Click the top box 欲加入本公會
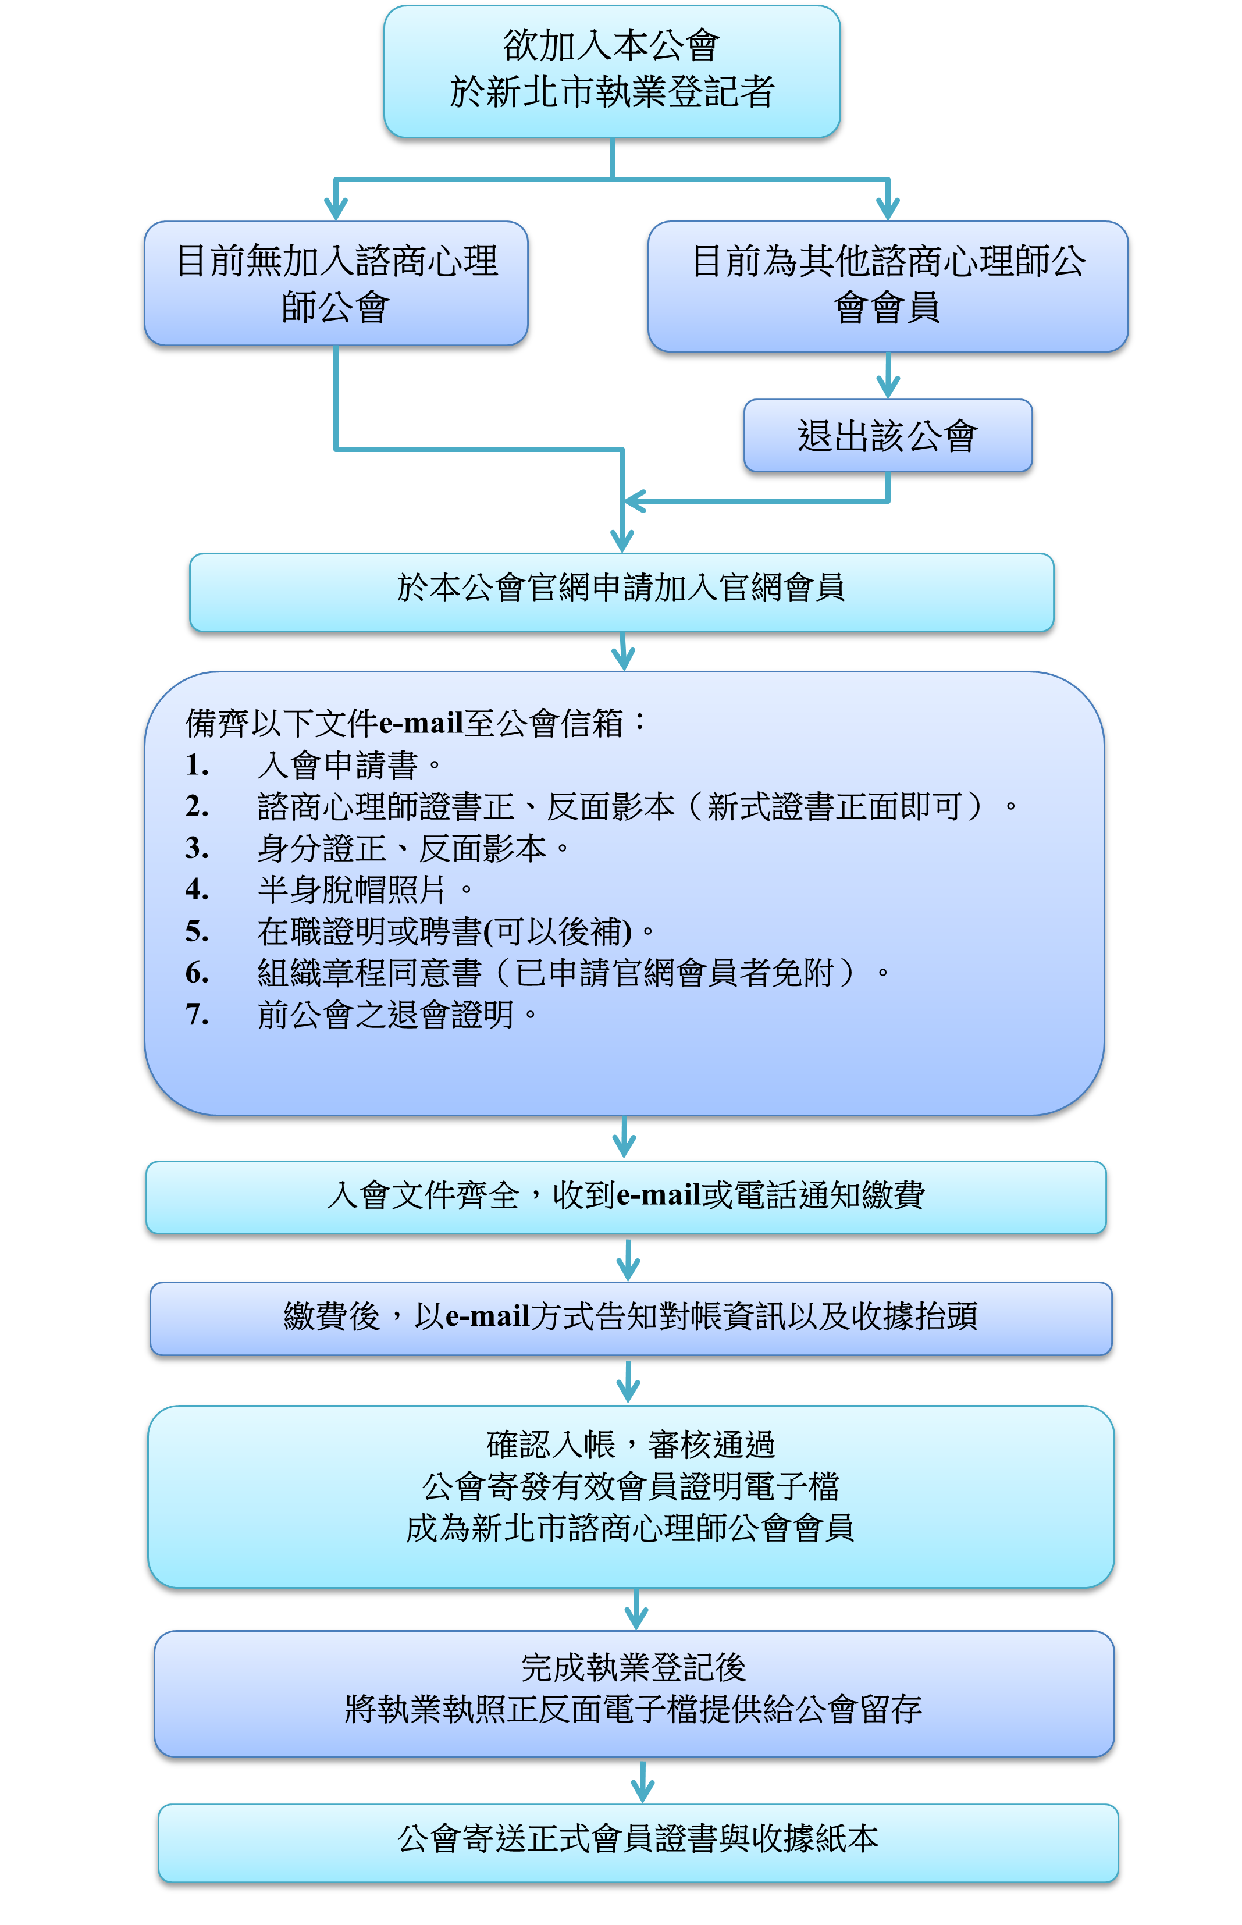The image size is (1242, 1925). click(611, 71)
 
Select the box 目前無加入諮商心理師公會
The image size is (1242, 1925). click(336, 283)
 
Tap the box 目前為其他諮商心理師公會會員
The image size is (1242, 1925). click(888, 286)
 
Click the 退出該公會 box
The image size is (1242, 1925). click(888, 436)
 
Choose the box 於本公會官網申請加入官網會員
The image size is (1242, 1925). click(621, 592)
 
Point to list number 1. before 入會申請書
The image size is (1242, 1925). click(198, 764)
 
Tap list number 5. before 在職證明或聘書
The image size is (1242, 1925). click(198, 931)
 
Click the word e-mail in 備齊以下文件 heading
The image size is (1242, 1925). click(421, 723)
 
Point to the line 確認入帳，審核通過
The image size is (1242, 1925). click(631, 1444)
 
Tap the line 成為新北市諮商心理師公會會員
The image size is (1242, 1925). click(630, 1528)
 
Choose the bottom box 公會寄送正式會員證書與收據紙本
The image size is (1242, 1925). click(638, 1844)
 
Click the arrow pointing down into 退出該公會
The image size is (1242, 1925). click(888, 375)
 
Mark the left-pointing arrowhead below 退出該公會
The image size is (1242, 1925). click(635, 501)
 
